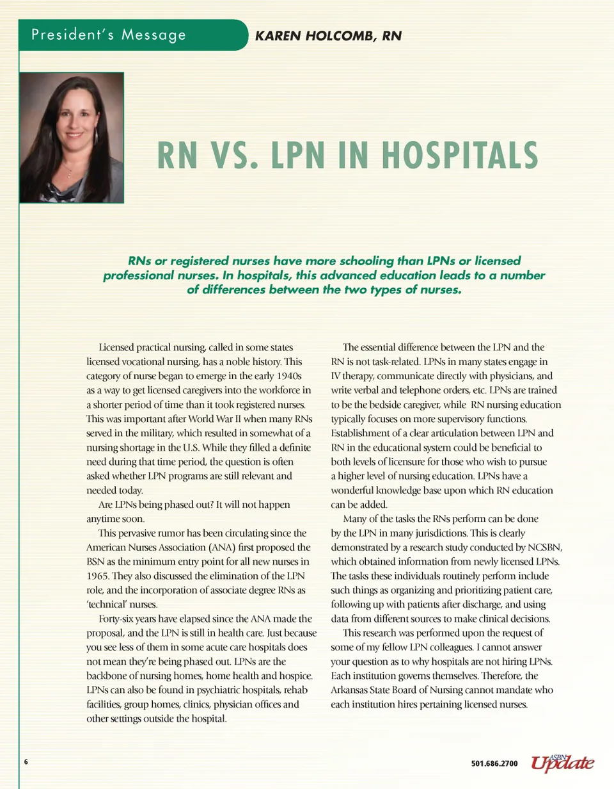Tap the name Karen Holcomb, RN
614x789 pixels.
pyautogui.click(x=328, y=36)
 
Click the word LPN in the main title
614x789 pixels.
pyautogui.click(x=303, y=156)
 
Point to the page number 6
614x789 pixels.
pyautogui.click(x=26, y=762)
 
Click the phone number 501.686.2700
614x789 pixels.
pyautogui.click(x=494, y=763)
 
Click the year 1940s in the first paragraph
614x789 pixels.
pyautogui.click(x=289, y=375)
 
